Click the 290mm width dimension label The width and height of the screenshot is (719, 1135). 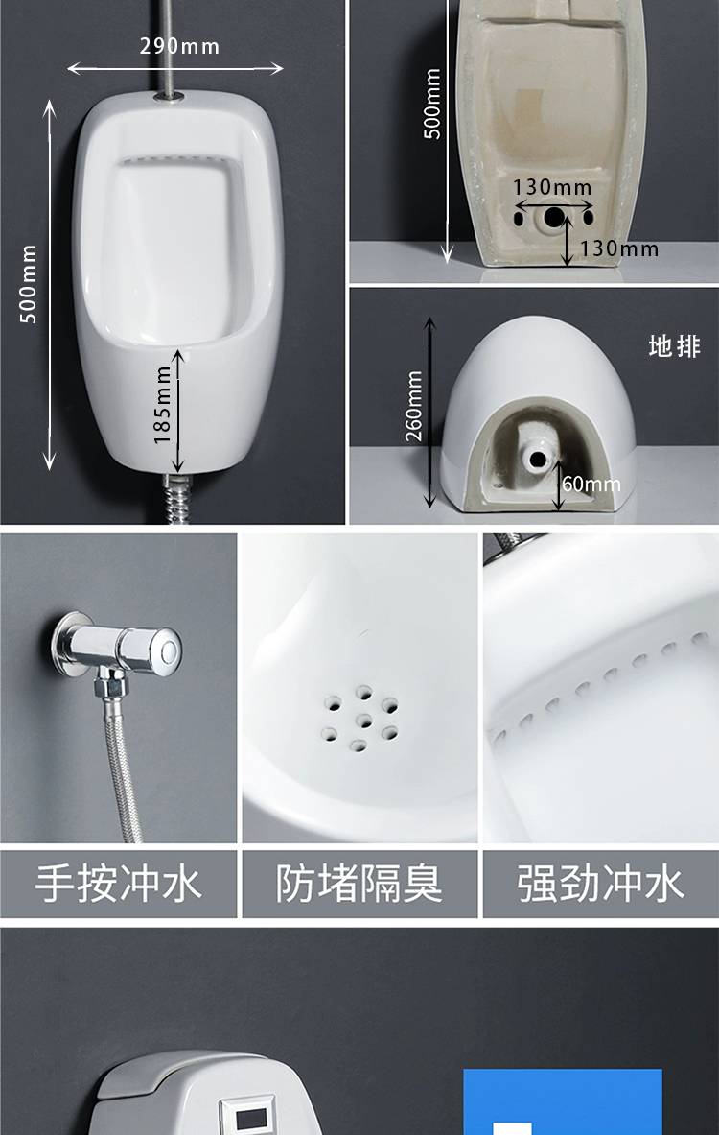coord(178,47)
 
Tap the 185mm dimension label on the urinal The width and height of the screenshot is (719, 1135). coord(163,405)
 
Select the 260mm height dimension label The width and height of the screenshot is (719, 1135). coord(414,406)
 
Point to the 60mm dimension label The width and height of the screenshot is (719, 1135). coord(591,484)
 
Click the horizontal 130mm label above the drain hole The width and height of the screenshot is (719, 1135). coord(552,187)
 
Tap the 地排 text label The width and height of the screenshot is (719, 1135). coord(674,346)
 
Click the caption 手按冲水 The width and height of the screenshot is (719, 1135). coord(118,883)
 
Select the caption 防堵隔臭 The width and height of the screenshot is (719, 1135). coord(359,883)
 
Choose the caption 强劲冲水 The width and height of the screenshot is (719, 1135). coord(600,883)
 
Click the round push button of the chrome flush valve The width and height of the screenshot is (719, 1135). coord(170,648)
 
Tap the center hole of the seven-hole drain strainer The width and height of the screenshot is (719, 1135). coord(364,721)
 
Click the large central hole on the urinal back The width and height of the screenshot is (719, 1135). coord(554,217)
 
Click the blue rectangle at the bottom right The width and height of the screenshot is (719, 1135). coord(562,1101)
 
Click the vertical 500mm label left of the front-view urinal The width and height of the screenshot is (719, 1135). coord(28,283)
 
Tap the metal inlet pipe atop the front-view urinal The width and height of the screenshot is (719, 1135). coord(165,47)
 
